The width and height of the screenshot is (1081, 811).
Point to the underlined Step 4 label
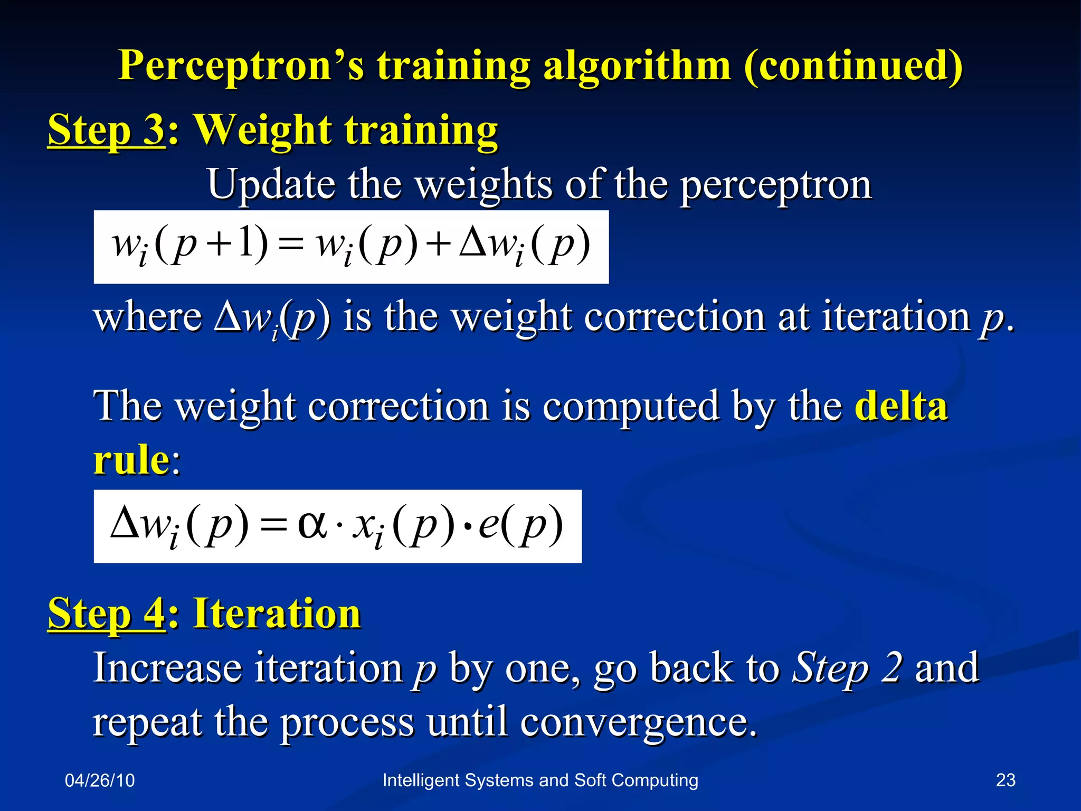[107, 614]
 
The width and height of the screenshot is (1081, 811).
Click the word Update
[271, 184]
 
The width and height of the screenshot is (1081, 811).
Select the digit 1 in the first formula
[246, 241]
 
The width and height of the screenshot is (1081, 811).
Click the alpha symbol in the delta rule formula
[312, 525]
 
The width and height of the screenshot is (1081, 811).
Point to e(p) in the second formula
[520, 525]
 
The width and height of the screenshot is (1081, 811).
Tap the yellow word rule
[131, 459]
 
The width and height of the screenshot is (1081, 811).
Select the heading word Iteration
[277, 614]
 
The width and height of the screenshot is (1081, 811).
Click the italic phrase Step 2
[847, 668]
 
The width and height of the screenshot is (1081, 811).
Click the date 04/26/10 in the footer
[100, 780]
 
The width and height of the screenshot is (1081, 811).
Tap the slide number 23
[1005, 780]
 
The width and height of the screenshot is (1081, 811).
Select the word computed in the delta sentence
[630, 407]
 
